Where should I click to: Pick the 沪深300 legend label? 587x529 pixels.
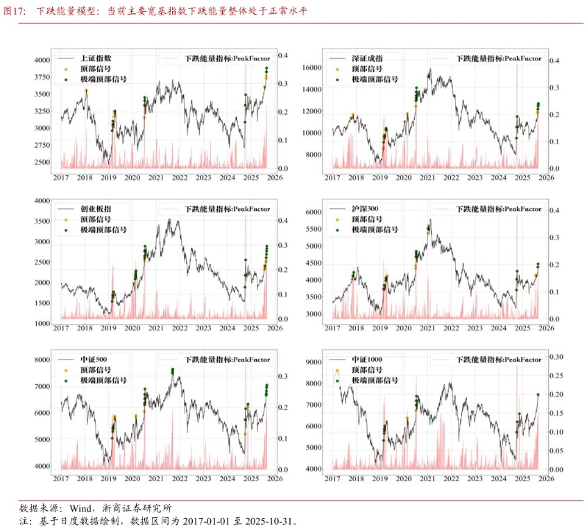366,208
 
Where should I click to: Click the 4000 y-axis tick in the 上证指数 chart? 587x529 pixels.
42,60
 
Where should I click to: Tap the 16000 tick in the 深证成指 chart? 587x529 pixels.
312,68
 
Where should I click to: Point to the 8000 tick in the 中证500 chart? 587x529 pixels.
42,360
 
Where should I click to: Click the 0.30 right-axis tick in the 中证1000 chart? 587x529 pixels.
556,357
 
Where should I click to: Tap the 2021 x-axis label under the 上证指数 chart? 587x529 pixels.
155,178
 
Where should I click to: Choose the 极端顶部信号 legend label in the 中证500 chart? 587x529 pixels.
103,380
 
